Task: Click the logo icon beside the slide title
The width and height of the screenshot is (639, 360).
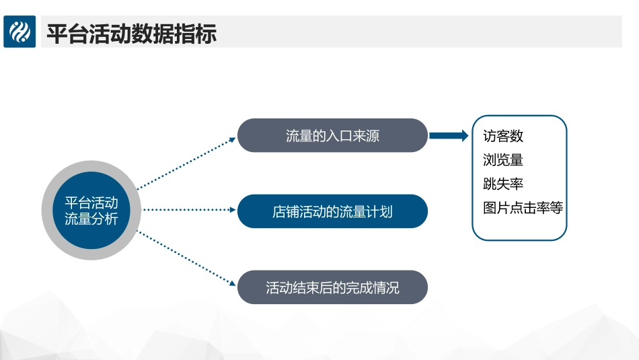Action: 20,32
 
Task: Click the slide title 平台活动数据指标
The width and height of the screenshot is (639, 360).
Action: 131,32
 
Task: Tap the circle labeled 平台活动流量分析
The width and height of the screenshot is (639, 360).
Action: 91,211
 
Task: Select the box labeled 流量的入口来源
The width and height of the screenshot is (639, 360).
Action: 332,135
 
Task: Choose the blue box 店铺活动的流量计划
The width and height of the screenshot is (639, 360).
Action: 332,211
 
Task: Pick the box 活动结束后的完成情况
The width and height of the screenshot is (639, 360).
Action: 332,287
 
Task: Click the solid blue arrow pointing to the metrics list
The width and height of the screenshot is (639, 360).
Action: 449,136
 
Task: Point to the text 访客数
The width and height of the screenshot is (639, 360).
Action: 503,136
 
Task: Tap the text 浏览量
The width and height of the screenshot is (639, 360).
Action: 503,159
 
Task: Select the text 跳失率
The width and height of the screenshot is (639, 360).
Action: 503,184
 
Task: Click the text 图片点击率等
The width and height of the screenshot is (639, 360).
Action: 523,208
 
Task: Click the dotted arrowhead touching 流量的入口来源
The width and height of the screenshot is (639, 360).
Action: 233,139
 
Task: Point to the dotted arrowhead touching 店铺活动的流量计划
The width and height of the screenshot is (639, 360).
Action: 232,210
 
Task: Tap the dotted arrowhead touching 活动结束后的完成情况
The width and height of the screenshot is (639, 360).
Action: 233,283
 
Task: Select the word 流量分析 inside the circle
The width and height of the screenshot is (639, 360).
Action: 91,219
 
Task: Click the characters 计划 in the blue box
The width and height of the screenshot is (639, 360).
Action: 379,211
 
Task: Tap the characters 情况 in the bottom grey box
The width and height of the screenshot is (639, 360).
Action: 386,287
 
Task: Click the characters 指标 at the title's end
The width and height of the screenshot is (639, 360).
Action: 195,32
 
